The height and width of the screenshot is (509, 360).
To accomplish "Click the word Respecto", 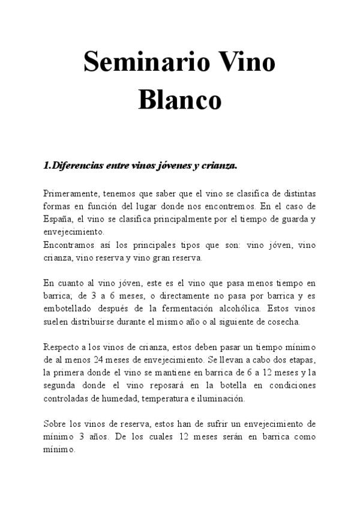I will pyautogui.click(x=62, y=347).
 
